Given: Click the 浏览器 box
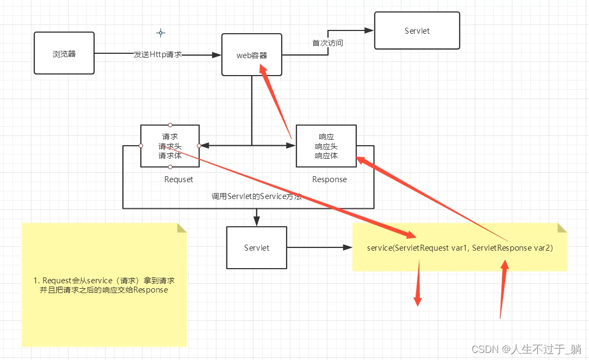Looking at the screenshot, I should click(64, 53).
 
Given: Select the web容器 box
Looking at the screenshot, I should click(252, 54).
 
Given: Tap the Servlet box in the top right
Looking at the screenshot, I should click(417, 31).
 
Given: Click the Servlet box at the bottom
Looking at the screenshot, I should click(257, 248).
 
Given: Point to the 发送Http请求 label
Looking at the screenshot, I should click(158, 54).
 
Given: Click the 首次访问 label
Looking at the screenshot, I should click(327, 43).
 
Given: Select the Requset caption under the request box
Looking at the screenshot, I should click(178, 179).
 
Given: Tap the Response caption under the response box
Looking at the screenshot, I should click(330, 179).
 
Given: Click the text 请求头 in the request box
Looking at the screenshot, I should click(170, 146).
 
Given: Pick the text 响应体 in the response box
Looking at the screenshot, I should click(326, 156).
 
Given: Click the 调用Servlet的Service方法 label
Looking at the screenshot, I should click(256, 196).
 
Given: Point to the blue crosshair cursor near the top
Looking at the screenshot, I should click(160, 33).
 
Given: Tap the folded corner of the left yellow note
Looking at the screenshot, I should click(182, 227).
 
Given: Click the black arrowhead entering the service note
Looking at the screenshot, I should click(348, 248).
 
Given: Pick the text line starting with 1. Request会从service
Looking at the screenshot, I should click(104, 280).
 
